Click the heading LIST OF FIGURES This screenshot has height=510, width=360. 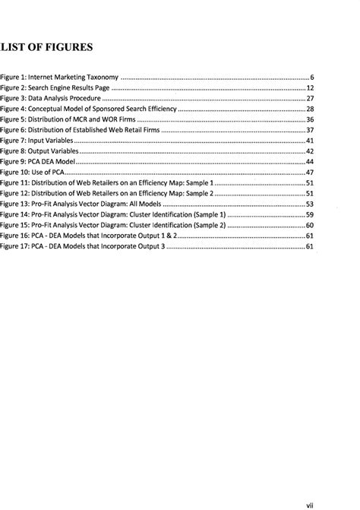46,48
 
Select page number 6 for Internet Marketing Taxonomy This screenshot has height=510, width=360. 311,78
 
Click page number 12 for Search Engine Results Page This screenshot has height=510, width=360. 309,89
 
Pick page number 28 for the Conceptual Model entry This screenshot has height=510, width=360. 309,109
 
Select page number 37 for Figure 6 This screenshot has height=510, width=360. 309,131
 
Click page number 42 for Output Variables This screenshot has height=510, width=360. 309,151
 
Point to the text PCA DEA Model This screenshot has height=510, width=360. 55,162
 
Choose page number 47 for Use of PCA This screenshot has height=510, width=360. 309,173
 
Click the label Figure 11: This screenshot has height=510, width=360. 17,183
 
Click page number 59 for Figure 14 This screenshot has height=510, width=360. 309,215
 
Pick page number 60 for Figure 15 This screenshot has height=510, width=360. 309,225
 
